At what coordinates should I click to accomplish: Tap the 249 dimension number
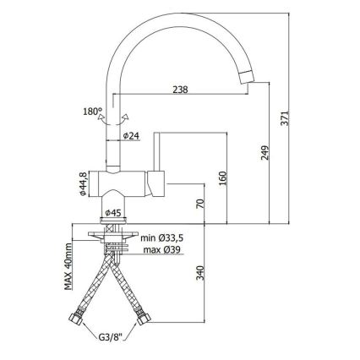click(265, 153)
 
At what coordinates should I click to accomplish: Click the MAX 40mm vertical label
click(68, 268)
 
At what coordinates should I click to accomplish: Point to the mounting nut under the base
click(115, 241)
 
